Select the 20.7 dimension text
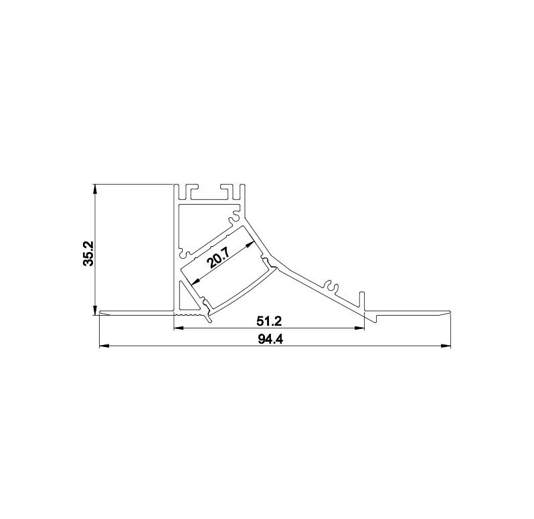pyautogui.click(x=221, y=258)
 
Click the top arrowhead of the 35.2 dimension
pyautogui.click(x=96, y=189)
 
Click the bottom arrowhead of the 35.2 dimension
pyautogui.click(x=96, y=310)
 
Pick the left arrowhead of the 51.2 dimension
pyautogui.click(x=179, y=328)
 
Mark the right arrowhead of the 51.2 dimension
pyautogui.click(x=359, y=328)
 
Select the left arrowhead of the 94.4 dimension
pyautogui.click(x=104, y=346)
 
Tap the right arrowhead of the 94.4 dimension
pyautogui.click(x=446, y=346)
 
